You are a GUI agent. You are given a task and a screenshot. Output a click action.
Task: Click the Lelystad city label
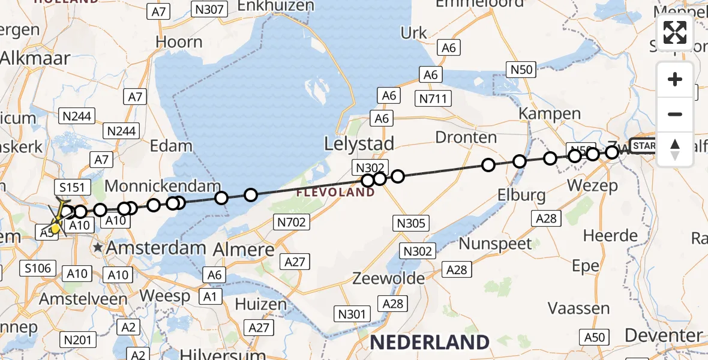[359, 144]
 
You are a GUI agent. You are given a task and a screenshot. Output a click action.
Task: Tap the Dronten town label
[466, 137]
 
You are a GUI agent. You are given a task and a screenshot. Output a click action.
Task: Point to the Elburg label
[521, 195]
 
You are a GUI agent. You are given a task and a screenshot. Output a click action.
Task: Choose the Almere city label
[244, 249]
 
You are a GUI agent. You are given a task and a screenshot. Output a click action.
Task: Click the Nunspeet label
[495, 243]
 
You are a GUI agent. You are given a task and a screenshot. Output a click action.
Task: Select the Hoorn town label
[179, 42]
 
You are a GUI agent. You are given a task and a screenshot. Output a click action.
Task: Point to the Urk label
[414, 34]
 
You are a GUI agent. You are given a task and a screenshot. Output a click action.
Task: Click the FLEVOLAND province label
[336, 193]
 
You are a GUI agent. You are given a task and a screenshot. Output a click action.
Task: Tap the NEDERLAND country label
[430, 343]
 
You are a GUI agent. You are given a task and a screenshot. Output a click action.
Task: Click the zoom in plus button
[675, 80]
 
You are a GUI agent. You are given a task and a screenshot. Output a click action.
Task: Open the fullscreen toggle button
[675, 32]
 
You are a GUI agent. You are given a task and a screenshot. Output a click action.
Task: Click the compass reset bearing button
[675, 149]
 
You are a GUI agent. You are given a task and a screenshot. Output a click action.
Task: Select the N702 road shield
[292, 223]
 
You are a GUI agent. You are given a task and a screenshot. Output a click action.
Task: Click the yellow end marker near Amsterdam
[55, 227]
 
